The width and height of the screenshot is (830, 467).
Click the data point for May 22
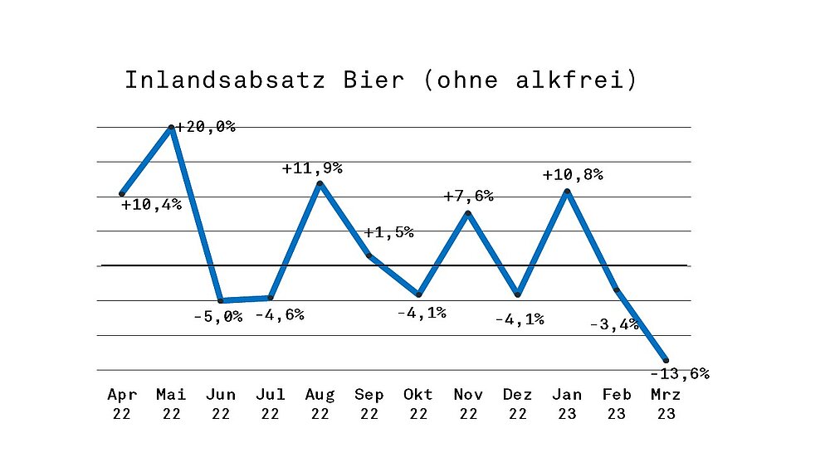pos(172,127)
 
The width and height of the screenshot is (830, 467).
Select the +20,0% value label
pos(206,127)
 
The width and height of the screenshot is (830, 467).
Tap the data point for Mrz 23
pos(666,358)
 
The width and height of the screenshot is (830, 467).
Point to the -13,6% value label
pos(681,373)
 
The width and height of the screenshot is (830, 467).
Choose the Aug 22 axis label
pos(320,404)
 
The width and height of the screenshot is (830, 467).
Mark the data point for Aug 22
pos(320,183)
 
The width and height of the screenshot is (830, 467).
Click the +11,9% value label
pos(312,168)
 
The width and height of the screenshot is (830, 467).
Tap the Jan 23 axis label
pos(567,404)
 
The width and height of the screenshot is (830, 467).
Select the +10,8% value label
pos(573,175)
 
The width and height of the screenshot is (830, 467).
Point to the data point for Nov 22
pos(469,214)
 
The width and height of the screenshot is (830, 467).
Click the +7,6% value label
pos(469,197)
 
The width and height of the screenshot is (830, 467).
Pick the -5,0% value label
pos(217,316)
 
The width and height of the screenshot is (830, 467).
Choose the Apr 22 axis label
pos(122,404)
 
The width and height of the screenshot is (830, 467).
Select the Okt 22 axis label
pos(418,404)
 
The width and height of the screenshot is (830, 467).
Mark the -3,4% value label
pos(614,324)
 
